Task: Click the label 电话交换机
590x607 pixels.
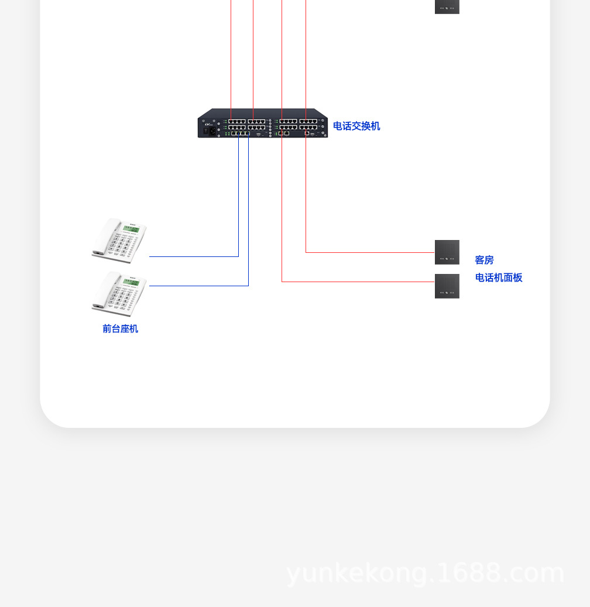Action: click(356, 126)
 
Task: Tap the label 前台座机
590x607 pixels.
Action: click(120, 329)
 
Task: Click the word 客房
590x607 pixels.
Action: click(484, 260)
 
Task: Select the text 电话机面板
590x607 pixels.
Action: click(498, 277)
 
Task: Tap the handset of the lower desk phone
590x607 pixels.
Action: click(105, 292)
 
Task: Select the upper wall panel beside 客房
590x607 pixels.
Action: click(447, 252)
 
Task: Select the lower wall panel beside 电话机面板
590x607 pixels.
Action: click(447, 286)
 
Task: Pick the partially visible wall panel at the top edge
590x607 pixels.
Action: click(447, 6)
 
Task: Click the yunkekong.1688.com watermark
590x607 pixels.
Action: click(425, 573)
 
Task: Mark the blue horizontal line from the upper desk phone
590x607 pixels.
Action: click(193, 256)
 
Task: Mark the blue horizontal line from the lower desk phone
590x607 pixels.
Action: click(199, 286)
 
